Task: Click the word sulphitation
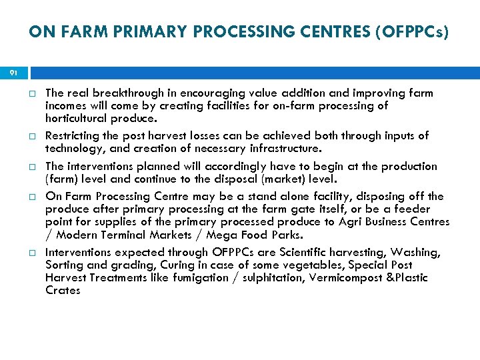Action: click(268, 277)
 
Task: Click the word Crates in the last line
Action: click(63, 289)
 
